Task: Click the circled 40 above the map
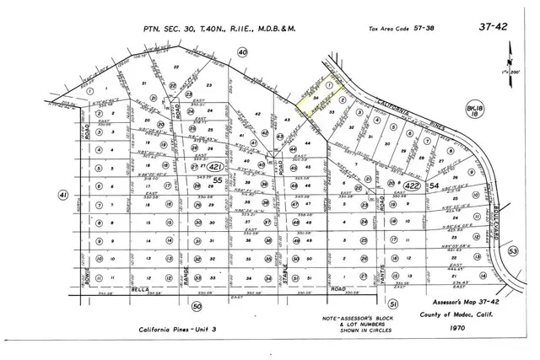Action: (x=243, y=53)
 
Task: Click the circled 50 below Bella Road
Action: (x=197, y=306)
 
